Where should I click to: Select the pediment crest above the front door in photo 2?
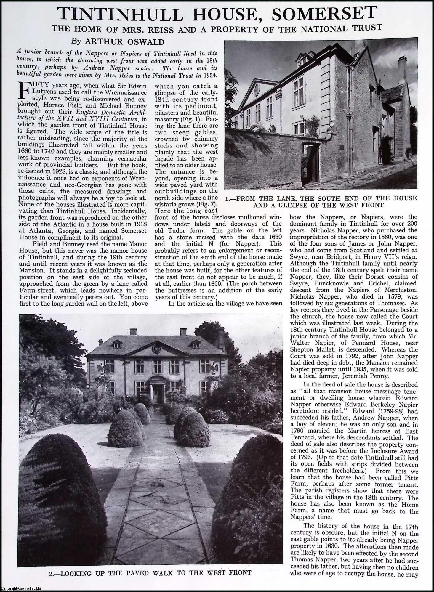click(x=156, y=350)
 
